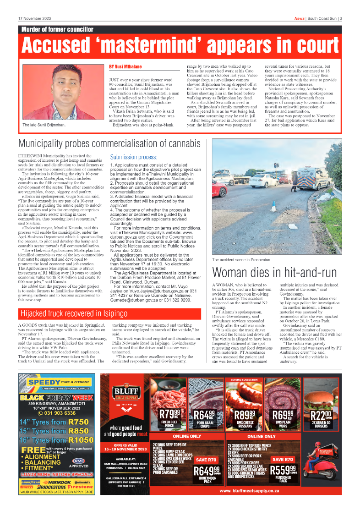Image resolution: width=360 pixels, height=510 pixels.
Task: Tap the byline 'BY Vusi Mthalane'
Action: point(125,67)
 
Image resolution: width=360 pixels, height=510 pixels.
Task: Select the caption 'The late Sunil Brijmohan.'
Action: point(44,125)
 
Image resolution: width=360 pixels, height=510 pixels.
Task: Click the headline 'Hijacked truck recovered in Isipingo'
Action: point(74,314)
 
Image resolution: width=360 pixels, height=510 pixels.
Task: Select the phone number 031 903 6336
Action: point(57,412)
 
